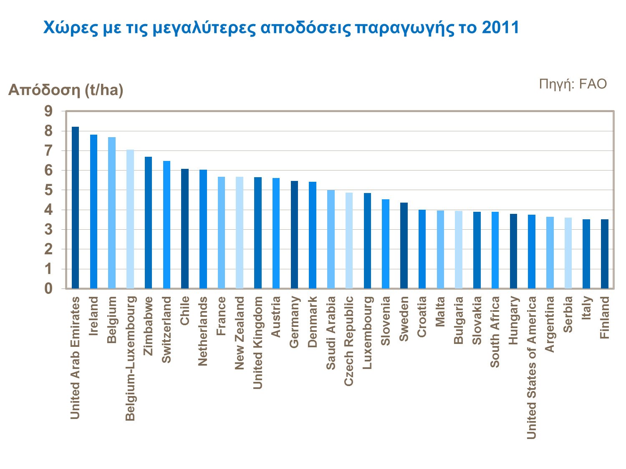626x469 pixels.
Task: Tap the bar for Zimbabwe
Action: click(x=148, y=223)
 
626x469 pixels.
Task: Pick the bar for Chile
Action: click(x=184, y=229)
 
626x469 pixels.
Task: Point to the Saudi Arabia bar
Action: click(x=331, y=239)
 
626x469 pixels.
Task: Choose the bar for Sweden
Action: click(x=404, y=246)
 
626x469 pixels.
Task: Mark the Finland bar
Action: click(x=604, y=254)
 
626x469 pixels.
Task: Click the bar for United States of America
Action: click(x=531, y=252)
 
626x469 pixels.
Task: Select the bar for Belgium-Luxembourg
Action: click(x=130, y=219)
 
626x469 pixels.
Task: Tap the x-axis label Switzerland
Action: click(x=167, y=330)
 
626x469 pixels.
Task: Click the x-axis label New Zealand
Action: click(x=240, y=333)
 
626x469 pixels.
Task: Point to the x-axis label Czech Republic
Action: click(x=349, y=341)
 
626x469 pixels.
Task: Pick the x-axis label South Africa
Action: click(x=495, y=332)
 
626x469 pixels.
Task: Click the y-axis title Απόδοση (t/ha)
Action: click(x=66, y=90)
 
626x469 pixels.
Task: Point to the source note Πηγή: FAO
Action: click(x=573, y=84)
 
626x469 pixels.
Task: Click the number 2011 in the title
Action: click(x=500, y=28)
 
